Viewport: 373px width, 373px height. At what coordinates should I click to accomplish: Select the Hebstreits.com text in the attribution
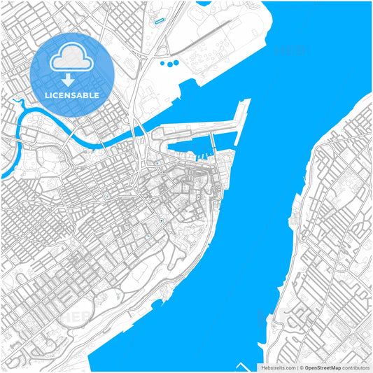click(278, 367)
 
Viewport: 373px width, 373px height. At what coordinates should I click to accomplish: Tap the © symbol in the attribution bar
click(300, 367)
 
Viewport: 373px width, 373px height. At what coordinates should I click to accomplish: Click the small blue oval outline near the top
click(159, 22)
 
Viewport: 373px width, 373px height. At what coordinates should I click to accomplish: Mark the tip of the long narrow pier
click(246, 101)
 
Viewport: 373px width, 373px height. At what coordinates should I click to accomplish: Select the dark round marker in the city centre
click(162, 221)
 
